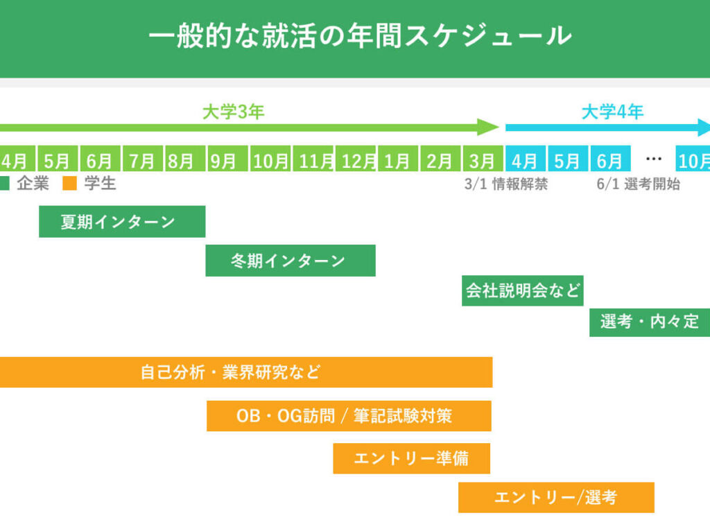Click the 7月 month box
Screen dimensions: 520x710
coord(142,160)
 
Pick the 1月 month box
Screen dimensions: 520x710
coord(397,160)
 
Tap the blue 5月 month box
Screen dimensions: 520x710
coord(567,160)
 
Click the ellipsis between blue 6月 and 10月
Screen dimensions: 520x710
coord(654,159)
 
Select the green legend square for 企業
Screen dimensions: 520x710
coord(4,184)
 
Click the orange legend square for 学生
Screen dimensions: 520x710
coord(69,184)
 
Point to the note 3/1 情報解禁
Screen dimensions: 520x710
coord(505,184)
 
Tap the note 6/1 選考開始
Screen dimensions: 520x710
coord(638,184)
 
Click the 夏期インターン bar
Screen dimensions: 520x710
coord(122,222)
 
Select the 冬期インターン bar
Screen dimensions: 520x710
coord(290,261)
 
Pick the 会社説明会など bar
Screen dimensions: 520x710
coord(523,291)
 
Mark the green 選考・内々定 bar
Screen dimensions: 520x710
coord(649,322)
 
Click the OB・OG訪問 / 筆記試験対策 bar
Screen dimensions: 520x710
coord(349,416)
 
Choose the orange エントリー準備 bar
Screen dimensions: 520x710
coord(411,458)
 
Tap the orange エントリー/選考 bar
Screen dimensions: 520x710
coord(556,497)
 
